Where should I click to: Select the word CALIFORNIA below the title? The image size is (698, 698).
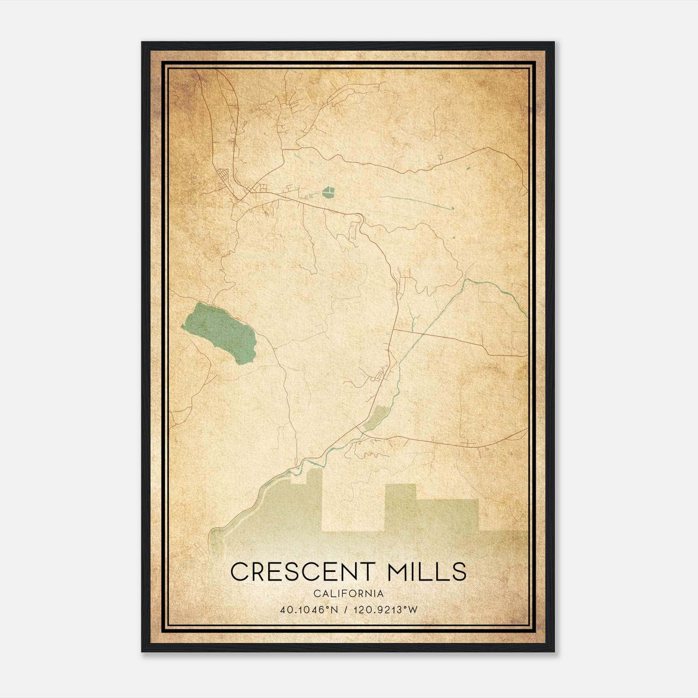[x=349, y=594]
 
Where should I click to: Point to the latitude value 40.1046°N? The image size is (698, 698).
[x=309, y=610]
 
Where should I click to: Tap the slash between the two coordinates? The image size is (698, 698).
[x=346, y=610]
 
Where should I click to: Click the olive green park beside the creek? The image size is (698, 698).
[x=375, y=417]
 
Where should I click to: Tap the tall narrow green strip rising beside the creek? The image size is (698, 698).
[x=315, y=484]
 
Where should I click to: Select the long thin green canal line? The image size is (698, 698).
[x=414, y=202]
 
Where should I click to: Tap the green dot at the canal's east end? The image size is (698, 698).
[x=453, y=208]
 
